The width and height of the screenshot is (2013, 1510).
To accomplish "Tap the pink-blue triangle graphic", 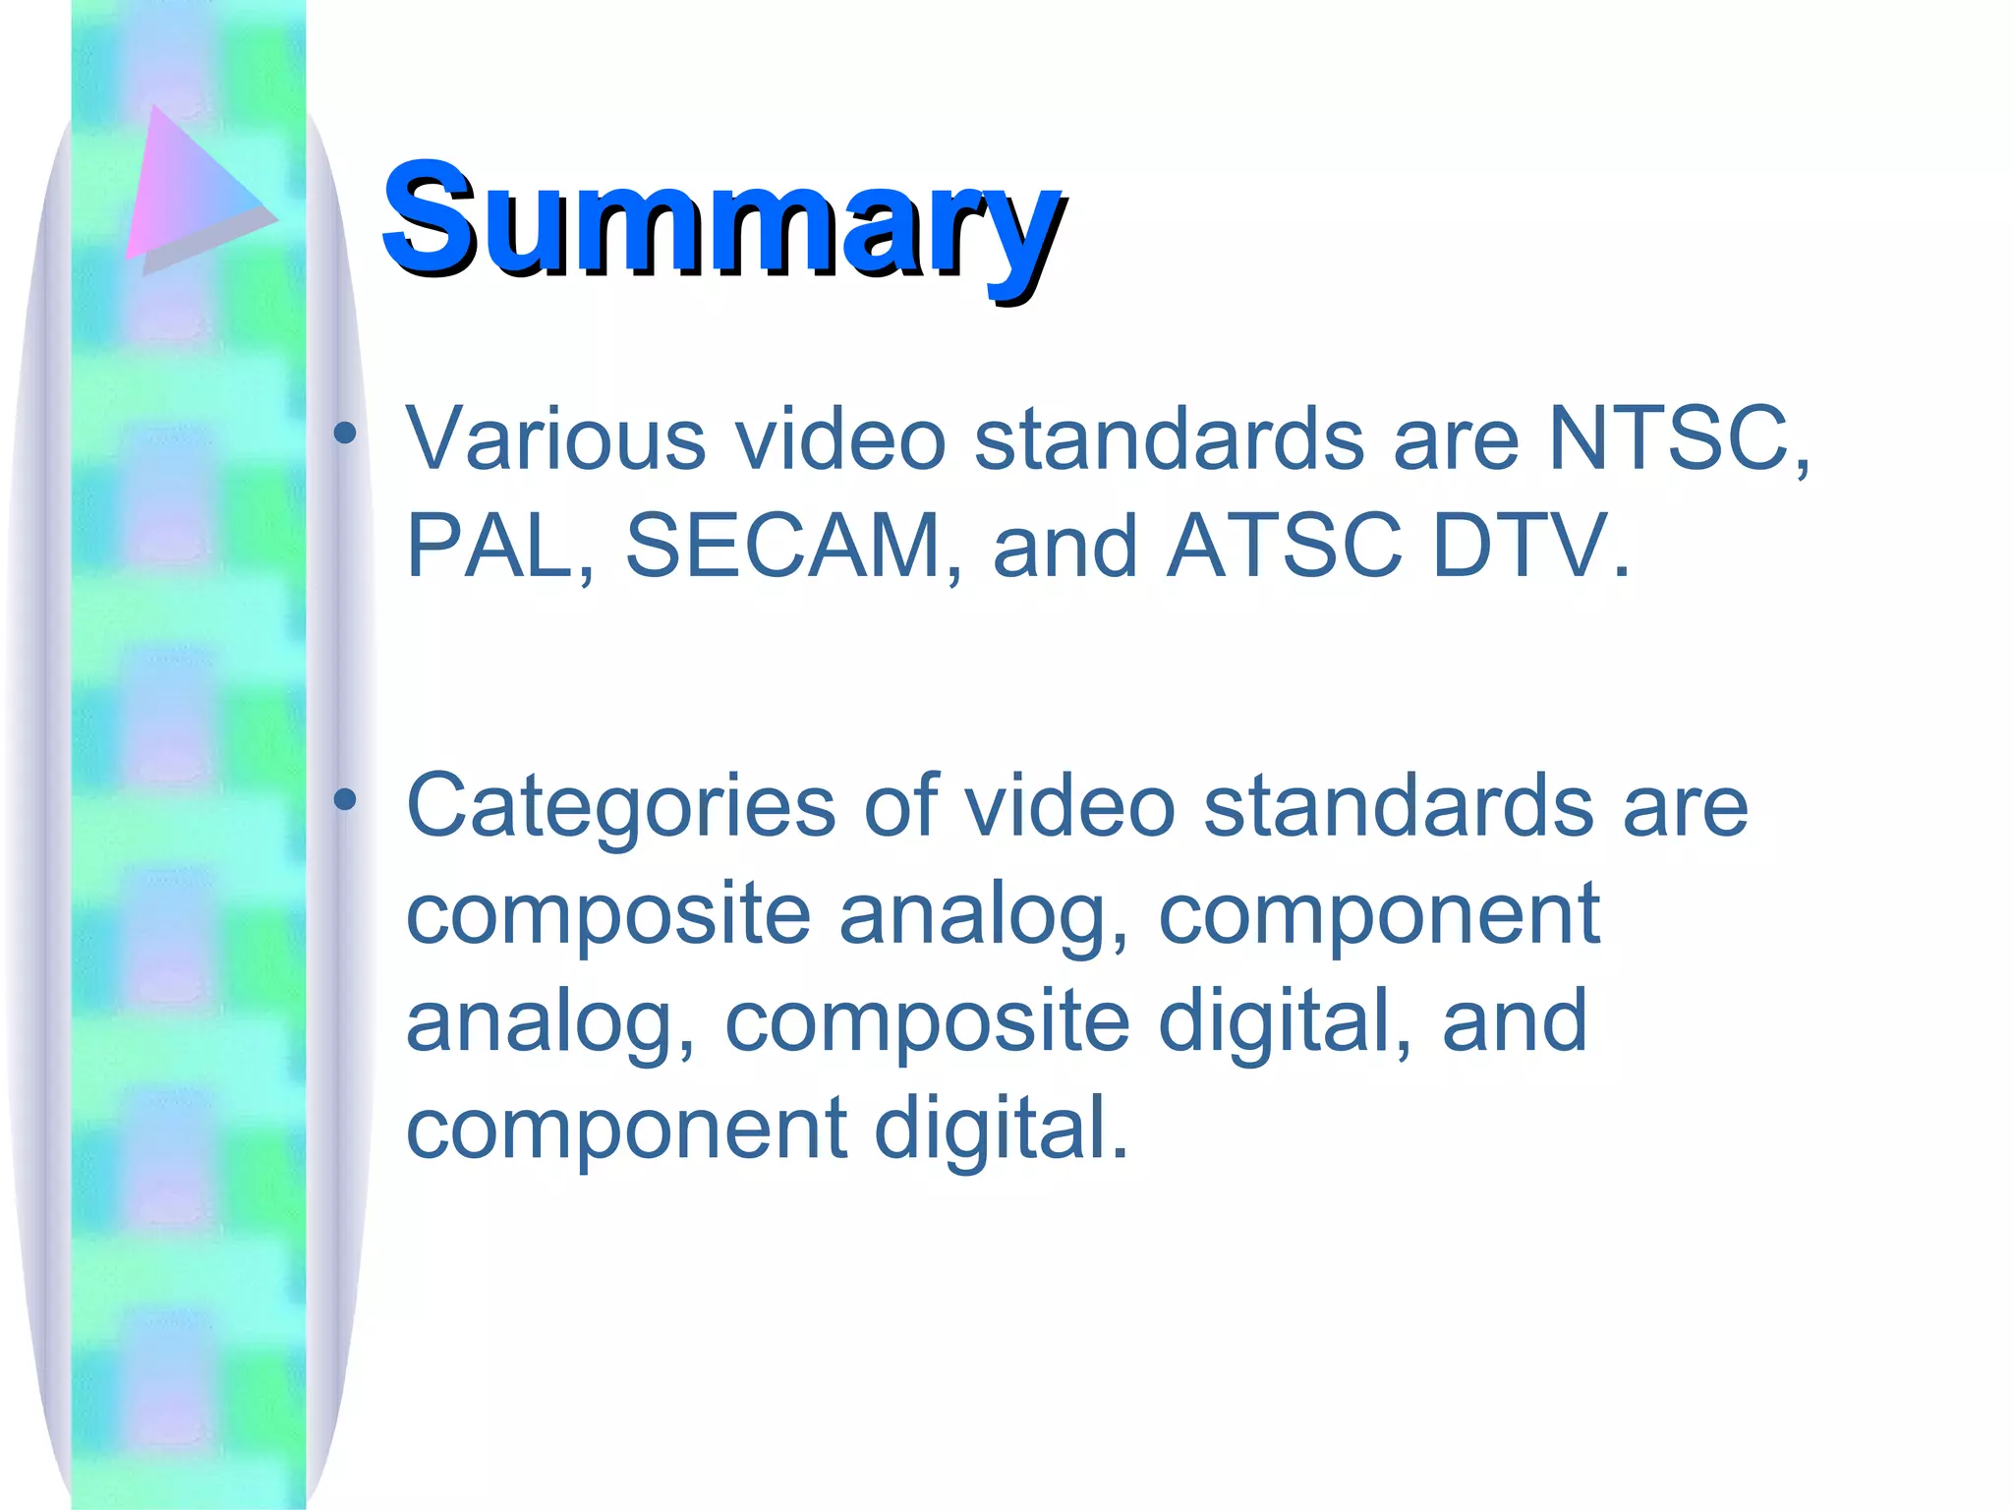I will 193,187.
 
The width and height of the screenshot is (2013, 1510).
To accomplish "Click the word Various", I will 555,438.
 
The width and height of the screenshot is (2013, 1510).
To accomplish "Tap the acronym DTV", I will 1529,546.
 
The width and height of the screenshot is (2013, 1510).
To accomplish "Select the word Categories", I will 620,807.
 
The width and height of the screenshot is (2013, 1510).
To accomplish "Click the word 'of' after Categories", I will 900,807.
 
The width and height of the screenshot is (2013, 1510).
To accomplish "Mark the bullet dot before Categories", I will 344,800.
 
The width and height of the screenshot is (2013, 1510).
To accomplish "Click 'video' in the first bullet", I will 840,438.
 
